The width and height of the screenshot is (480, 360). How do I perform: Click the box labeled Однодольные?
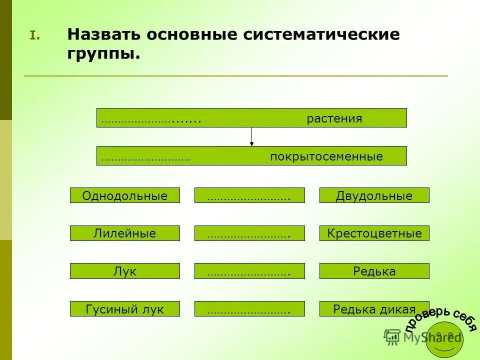(124, 195)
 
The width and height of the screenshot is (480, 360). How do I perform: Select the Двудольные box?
(374, 195)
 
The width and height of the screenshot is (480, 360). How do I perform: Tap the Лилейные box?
(124, 233)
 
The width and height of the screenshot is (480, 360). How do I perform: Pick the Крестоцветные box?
(374, 233)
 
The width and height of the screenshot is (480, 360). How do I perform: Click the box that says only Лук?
(124, 271)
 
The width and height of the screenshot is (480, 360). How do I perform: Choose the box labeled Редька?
(374, 271)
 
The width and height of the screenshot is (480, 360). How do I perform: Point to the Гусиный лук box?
(124, 309)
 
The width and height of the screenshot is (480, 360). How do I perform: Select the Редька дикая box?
(374, 309)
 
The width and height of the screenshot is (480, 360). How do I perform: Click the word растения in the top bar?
(334, 119)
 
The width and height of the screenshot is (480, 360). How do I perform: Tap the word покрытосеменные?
(326, 157)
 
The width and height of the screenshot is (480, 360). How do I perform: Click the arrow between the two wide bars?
(251, 136)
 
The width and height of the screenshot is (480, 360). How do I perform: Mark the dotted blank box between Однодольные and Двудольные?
(249, 195)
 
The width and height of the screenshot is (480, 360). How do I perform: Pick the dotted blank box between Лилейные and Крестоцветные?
(249, 233)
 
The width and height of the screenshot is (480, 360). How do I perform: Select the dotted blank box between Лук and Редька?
(249, 271)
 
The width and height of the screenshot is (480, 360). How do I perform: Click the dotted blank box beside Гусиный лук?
(249, 309)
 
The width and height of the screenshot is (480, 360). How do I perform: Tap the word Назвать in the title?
(103, 34)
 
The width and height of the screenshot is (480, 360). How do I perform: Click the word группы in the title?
(103, 53)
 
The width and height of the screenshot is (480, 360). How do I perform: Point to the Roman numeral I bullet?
(33, 35)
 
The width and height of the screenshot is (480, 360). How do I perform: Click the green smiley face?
(444, 339)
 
